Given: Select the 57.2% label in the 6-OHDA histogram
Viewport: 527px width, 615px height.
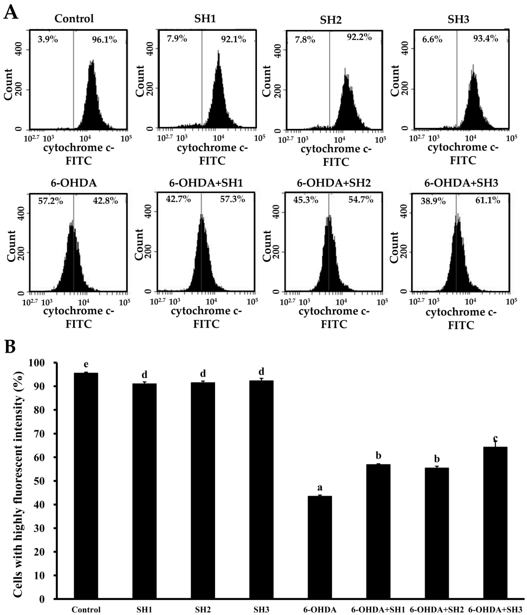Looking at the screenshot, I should point(50,201).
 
